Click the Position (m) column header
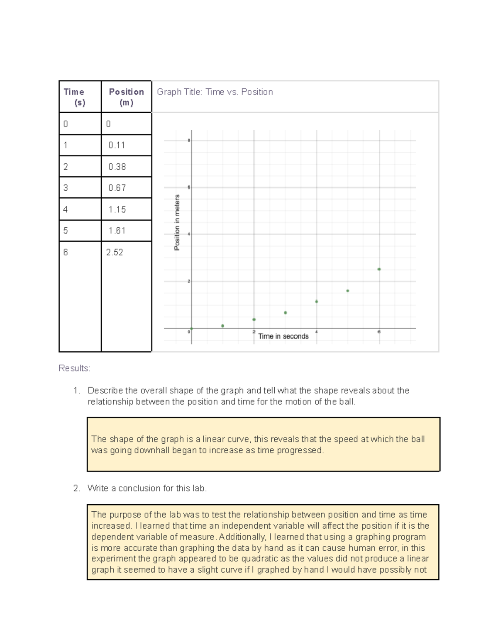click(x=126, y=97)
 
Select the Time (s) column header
click(x=74, y=97)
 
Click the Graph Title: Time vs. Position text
click(x=215, y=92)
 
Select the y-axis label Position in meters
click(x=177, y=222)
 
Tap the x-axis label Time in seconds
click(x=283, y=336)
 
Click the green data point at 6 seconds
click(x=379, y=269)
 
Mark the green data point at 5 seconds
click(x=348, y=291)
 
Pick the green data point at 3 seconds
click(x=286, y=313)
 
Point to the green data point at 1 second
click(x=223, y=326)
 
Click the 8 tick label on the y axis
click(x=189, y=141)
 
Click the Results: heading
click(x=74, y=368)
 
